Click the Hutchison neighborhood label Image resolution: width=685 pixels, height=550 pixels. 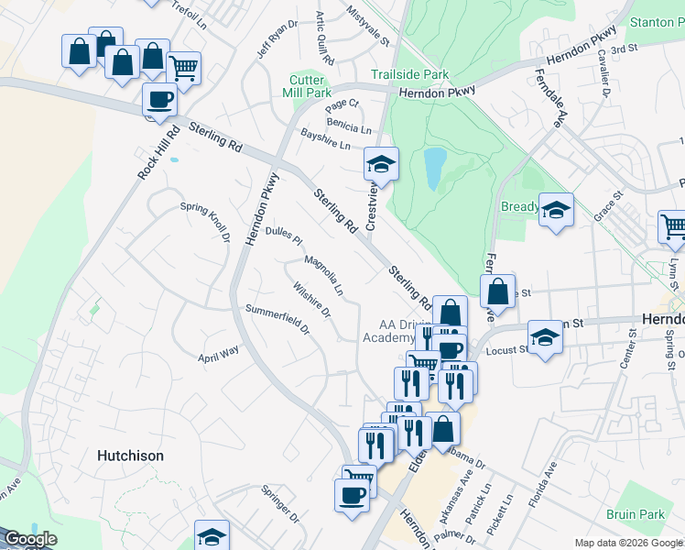tap(131, 456)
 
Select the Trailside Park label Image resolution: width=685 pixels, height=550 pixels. tap(409, 73)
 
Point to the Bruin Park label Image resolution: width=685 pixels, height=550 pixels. tap(635, 514)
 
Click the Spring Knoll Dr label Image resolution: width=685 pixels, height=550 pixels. tap(205, 221)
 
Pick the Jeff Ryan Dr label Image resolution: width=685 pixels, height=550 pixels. tap(277, 38)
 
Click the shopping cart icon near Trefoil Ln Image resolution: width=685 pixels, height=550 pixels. tap(184, 67)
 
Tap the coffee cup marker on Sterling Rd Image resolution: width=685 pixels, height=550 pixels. tap(159, 100)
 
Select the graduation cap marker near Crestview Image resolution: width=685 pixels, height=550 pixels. tap(381, 165)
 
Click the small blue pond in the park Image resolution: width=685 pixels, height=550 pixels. tap(434, 167)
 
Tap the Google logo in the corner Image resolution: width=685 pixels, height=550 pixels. tap(29, 539)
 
